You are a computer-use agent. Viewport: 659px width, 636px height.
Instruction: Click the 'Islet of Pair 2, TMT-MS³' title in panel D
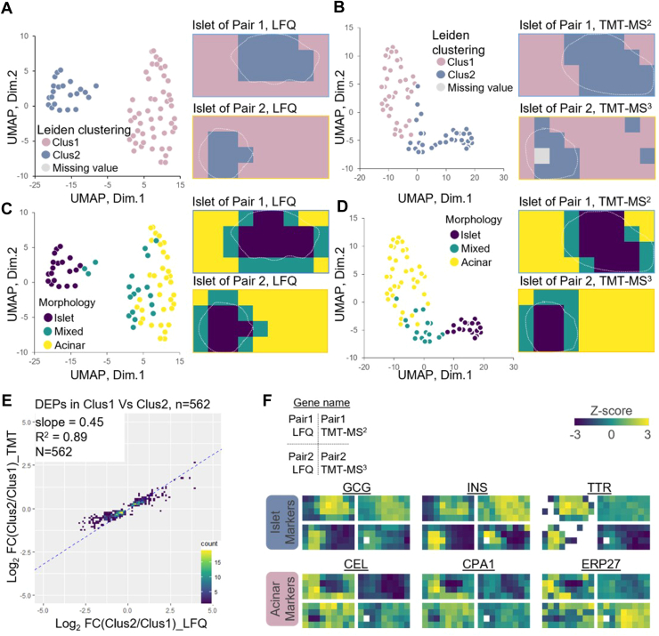582,273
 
